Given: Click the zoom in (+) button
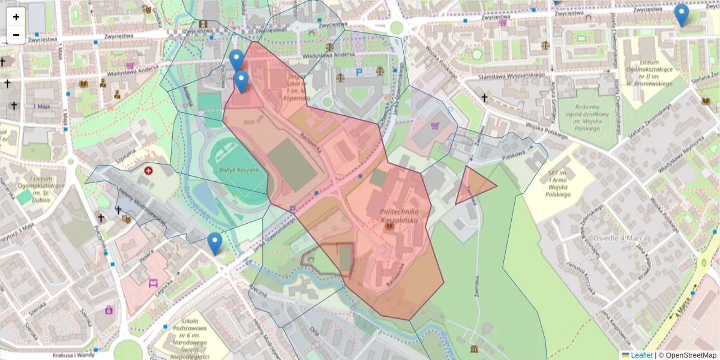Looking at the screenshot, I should click(16, 17).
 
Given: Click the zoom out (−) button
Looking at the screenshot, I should click(16, 35).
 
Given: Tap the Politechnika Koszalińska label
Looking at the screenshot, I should click(404, 217).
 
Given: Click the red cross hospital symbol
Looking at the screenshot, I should click(148, 171).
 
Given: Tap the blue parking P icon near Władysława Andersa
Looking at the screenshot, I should click(359, 72).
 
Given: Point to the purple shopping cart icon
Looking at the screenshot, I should click(435, 126).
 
